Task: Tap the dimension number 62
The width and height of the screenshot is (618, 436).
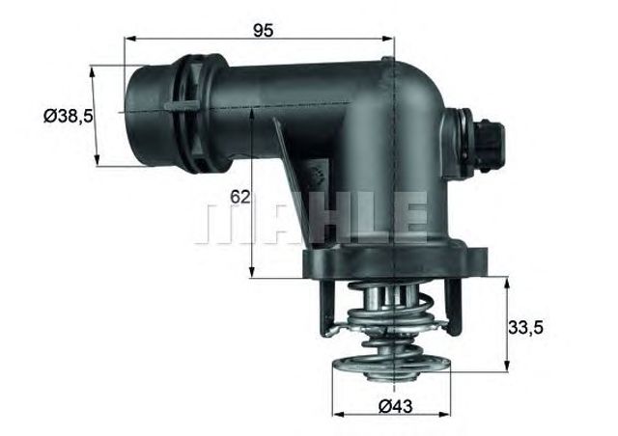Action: tap(240, 197)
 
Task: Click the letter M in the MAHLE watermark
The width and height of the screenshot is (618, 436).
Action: tap(221, 220)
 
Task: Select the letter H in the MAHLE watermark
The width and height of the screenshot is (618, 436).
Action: tap(318, 220)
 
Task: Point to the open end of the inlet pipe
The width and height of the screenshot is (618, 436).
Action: tap(138, 114)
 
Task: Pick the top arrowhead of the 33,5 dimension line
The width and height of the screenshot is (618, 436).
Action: tap(506, 281)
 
